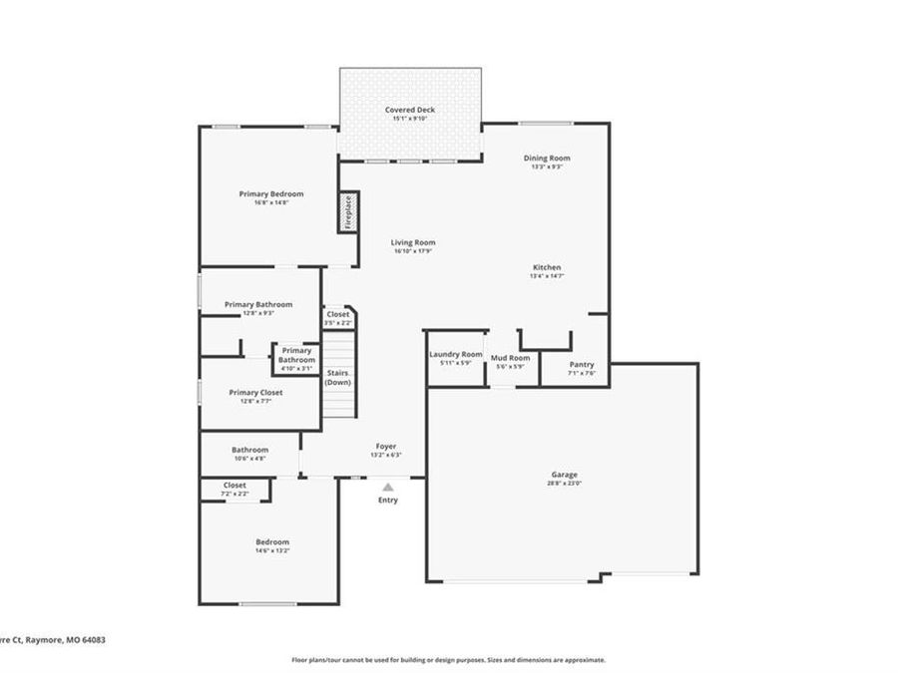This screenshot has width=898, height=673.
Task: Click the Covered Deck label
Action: tap(410, 110)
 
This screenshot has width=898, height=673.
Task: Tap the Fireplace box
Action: tap(348, 212)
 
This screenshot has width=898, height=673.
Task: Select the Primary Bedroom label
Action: tap(270, 193)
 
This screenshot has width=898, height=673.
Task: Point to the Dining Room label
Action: tap(547, 158)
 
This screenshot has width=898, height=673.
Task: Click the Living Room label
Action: tap(412, 242)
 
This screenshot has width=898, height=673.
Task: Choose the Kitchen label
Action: tap(547, 267)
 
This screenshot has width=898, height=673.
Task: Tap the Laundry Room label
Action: tap(455, 354)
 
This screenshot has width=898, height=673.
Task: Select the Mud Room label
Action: tap(510, 357)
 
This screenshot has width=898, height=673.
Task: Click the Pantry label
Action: tap(581, 365)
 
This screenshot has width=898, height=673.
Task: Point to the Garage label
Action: tap(565, 475)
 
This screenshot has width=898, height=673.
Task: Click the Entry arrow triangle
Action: tap(387, 487)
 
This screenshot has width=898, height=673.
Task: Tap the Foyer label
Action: tap(386, 446)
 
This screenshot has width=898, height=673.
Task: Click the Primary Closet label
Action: tap(255, 393)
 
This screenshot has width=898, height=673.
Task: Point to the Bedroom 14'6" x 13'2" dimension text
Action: tap(271, 550)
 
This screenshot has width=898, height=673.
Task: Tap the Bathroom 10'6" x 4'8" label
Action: tap(249, 450)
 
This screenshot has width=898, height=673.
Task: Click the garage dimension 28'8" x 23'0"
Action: tap(565, 484)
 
